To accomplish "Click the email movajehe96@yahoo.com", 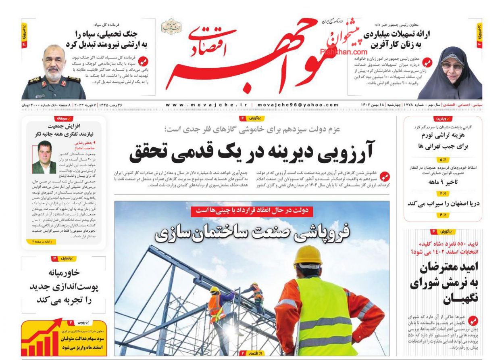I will (298, 105).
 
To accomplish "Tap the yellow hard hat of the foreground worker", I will (308, 255).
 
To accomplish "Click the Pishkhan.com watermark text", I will (344, 52).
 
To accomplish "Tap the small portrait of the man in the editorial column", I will (44, 157).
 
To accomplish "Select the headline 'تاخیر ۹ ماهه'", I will (442, 182).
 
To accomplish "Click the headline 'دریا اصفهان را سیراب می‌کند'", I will (443, 203).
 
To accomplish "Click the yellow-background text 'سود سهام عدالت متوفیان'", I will (83, 339).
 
